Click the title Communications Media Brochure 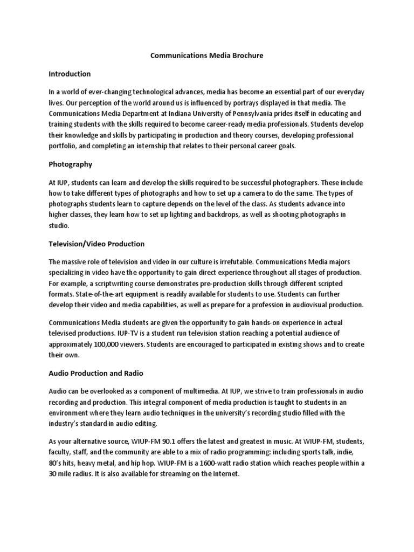point(206,56)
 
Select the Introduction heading point(70,73)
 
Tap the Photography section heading point(70,164)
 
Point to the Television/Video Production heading point(96,244)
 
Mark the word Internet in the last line point(224,475)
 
